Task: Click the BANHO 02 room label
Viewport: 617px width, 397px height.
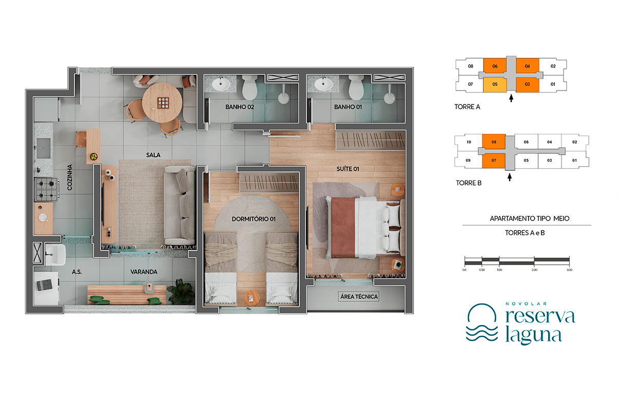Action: (x=240, y=107)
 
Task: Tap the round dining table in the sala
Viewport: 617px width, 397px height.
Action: (x=162, y=103)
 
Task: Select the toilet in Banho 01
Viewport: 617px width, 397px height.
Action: (x=356, y=87)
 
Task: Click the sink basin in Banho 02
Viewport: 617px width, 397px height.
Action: (x=221, y=83)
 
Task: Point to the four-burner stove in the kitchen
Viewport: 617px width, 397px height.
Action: (x=46, y=189)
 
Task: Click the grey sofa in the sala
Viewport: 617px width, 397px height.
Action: (x=179, y=206)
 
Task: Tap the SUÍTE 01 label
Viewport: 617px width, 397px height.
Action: (x=348, y=169)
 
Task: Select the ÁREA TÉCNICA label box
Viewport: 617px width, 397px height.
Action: (x=359, y=296)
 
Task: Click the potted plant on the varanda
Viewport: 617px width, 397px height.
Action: (x=180, y=291)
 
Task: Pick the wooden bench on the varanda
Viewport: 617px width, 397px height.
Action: (x=126, y=295)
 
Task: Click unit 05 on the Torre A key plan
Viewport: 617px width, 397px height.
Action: (x=495, y=84)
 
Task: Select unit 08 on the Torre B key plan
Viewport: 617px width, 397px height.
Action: (x=494, y=142)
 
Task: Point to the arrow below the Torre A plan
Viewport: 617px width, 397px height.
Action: (x=511, y=98)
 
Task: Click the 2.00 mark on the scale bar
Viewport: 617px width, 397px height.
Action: (x=534, y=270)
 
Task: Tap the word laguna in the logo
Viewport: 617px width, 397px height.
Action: (x=533, y=336)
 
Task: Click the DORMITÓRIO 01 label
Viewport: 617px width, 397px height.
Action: (x=253, y=219)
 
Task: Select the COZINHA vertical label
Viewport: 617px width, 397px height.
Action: (x=70, y=177)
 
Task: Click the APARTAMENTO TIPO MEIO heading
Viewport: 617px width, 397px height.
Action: (x=530, y=219)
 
